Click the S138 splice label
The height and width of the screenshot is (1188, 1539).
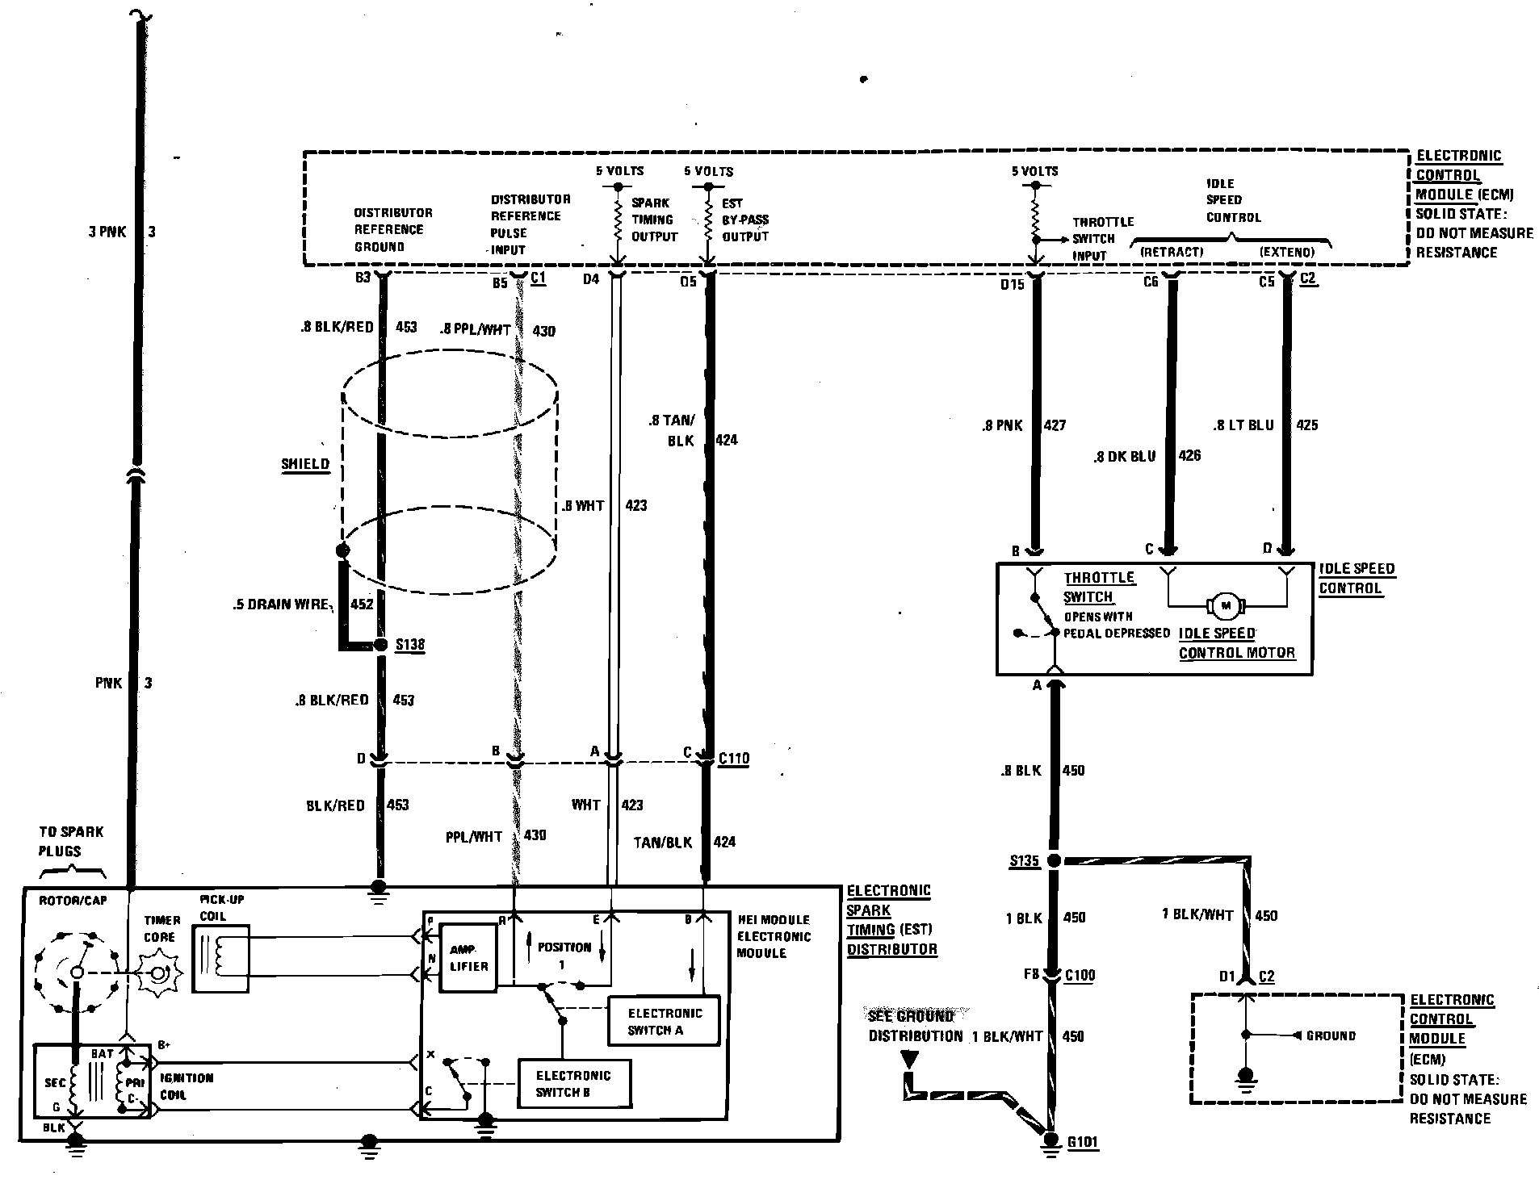410,645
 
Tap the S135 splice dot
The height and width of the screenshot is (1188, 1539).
1053,861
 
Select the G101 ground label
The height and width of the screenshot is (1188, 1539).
1083,1143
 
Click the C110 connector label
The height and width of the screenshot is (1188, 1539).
734,758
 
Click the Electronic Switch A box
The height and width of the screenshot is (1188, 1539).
665,1022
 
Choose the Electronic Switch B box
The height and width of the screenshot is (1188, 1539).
573,1084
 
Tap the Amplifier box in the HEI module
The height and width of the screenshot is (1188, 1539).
468,958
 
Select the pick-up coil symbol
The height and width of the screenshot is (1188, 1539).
220,958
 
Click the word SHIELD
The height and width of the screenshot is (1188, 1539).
305,464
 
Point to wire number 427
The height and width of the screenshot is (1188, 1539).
1055,425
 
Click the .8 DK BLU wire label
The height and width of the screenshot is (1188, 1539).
1125,457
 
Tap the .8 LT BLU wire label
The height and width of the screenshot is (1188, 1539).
1243,425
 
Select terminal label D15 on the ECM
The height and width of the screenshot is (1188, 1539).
1012,284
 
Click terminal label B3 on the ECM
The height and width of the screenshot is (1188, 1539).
363,278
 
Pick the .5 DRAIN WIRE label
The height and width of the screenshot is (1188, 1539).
288,604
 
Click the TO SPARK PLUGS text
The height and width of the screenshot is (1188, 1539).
71,841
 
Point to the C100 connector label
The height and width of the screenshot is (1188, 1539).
1080,975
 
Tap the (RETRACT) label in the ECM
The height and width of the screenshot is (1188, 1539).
1171,252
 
